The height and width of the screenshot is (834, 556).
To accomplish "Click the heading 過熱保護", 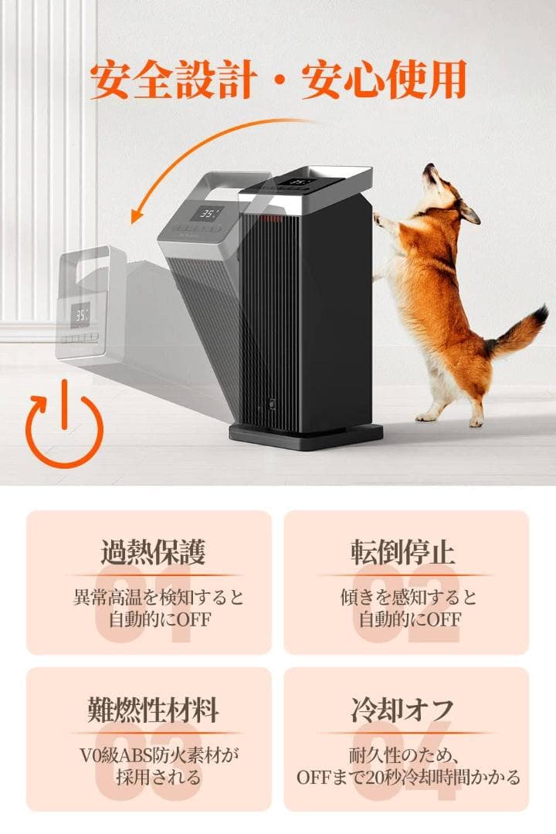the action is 153,551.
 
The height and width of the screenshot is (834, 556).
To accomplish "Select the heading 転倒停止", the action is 403,551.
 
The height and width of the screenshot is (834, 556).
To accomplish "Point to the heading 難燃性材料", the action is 153,709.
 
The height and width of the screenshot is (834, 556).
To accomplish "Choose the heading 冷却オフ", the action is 403,709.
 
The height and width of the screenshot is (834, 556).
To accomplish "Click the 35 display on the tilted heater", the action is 206,214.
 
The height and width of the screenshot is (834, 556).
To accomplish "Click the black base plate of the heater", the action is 307,437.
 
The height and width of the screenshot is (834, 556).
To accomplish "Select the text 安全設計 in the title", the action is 174,80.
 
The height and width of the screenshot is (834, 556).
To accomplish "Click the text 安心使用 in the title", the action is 384,80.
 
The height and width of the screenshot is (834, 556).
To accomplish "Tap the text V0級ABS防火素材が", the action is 158,754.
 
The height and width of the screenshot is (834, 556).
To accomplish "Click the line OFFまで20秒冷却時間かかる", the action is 408,777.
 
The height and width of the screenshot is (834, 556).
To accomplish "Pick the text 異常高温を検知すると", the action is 158,597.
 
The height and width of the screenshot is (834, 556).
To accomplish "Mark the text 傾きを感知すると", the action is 409,597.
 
